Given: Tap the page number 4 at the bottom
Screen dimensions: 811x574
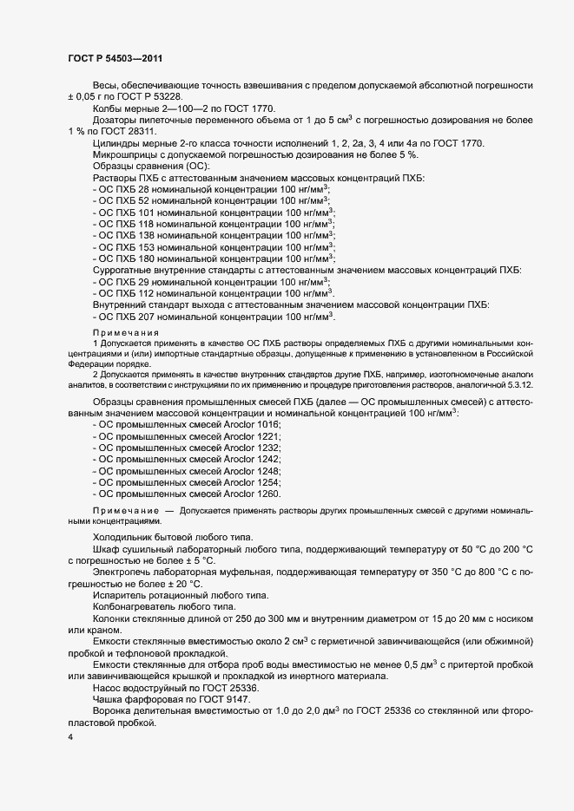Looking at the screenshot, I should click(69, 737).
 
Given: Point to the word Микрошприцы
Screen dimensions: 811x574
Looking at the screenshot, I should click(125, 154).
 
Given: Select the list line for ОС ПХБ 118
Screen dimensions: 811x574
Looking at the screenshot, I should click(214, 223).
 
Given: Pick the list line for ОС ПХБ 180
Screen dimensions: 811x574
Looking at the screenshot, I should click(214, 258).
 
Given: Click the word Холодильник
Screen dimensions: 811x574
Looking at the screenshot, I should click(124, 537).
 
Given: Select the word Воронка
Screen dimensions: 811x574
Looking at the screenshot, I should click(112, 711).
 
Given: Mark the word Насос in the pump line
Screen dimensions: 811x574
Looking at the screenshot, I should click(108, 687).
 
